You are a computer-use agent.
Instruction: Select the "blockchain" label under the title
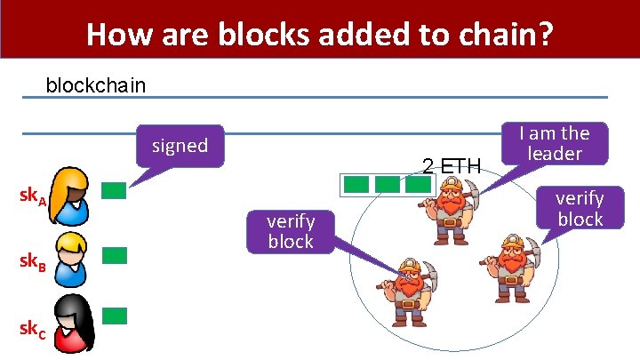(x=96, y=86)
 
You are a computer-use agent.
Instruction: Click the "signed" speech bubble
(x=180, y=145)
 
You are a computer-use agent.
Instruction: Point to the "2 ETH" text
(x=452, y=165)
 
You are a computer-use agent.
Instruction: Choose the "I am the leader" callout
(x=554, y=143)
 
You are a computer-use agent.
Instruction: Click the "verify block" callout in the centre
(x=291, y=231)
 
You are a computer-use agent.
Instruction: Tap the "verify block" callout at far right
(x=580, y=209)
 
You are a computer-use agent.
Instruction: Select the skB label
(x=34, y=262)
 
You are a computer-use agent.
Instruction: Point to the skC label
(x=34, y=326)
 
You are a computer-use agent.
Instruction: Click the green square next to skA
(x=114, y=190)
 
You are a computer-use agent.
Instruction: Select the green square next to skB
(x=114, y=256)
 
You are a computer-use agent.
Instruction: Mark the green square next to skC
(x=114, y=316)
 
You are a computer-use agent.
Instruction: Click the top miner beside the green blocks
(x=453, y=210)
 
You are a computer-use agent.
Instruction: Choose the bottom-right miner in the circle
(x=513, y=271)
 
